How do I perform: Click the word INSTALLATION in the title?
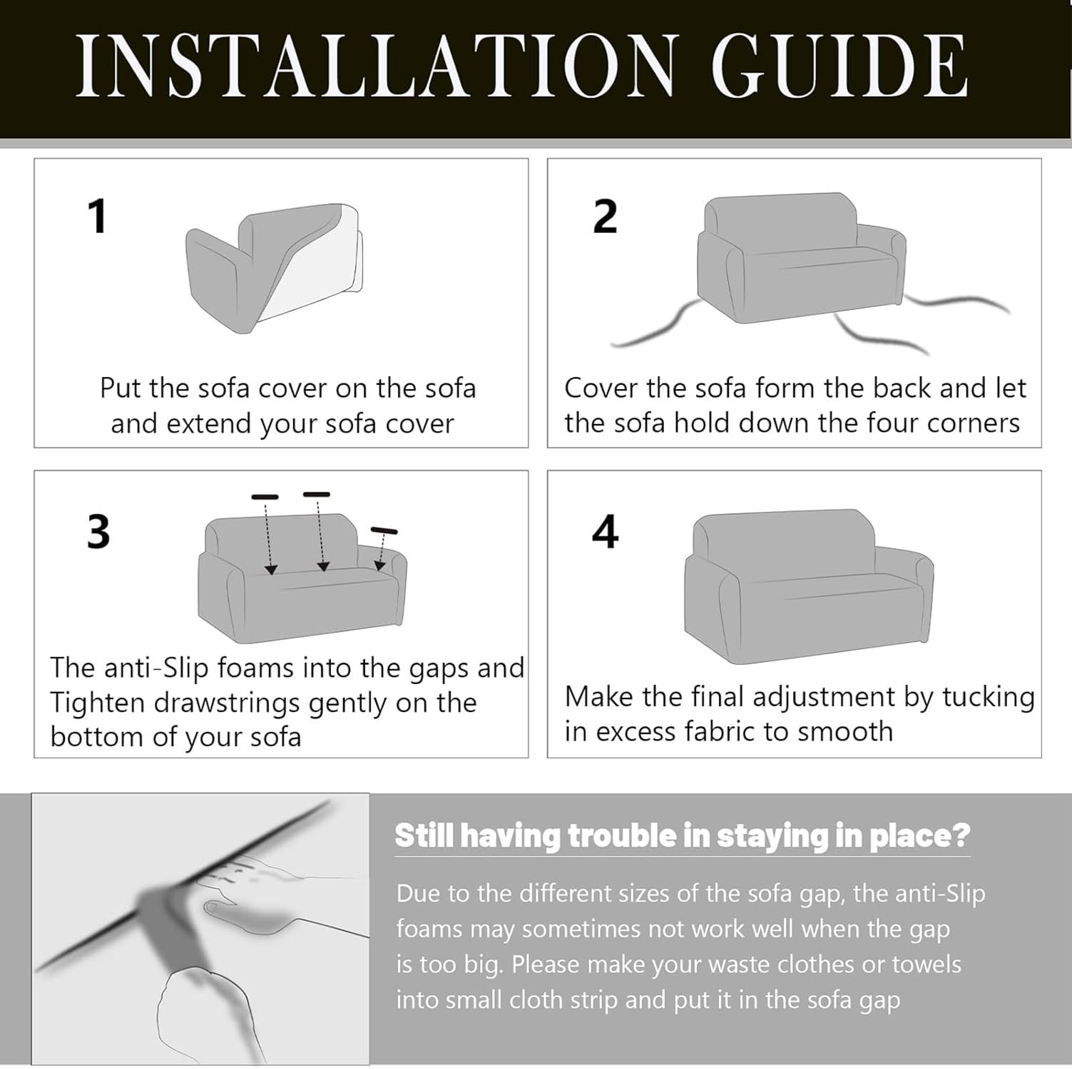coord(375,66)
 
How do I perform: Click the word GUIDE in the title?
coord(839,66)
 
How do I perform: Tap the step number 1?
coord(98,217)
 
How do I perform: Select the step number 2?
coord(605,217)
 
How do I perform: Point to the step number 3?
coord(98,532)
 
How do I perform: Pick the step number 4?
coord(605,532)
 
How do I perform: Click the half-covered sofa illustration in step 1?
coord(275,268)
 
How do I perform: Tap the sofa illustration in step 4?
coord(809,586)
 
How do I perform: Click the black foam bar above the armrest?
coord(384,530)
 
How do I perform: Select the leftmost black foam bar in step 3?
coord(265,496)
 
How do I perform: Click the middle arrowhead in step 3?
coord(323,567)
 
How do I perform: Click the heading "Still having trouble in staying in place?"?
coord(683,835)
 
